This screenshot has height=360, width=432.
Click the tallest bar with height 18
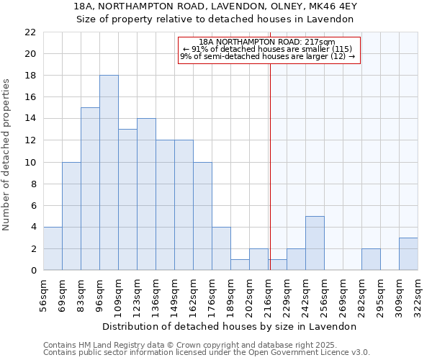pos(109,173)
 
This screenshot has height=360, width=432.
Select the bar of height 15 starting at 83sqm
pos(90,189)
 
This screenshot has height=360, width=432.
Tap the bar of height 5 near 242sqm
pos(315,243)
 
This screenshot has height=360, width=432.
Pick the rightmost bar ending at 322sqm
pos(408,253)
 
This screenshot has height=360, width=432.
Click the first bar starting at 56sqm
pos(53,248)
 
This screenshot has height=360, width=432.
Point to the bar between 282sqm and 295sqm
pos(371,259)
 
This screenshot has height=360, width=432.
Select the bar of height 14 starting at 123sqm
pos(146,194)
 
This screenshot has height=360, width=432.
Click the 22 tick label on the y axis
pos(30,32)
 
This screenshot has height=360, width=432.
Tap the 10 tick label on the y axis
pos(30,162)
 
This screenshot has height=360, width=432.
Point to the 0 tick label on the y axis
pos(32,270)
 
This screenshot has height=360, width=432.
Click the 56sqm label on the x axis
pos(43,294)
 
